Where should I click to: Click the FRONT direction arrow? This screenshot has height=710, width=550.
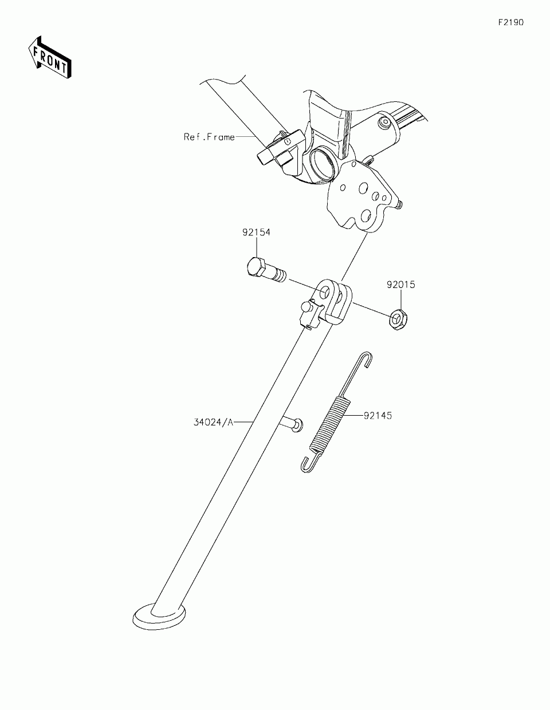[x=49, y=57]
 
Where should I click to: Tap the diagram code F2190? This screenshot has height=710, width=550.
[x=510, y=23]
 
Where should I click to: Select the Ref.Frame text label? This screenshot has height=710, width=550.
[x=209, y=137]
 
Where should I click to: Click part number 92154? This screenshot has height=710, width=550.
[x=256, y=232]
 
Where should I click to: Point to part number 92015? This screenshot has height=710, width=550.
[x=400, y=285]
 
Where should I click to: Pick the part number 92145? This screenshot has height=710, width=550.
[x=378, y=416]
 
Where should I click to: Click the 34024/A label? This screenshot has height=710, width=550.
[x=214, y=423]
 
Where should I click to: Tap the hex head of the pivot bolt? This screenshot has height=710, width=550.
[x=255, y=268]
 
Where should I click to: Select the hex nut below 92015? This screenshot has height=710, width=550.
[x=397, y=318]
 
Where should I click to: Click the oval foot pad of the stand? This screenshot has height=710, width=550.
[x=158, y=617]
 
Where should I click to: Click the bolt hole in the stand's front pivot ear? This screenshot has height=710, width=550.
[x=325, y=293]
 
